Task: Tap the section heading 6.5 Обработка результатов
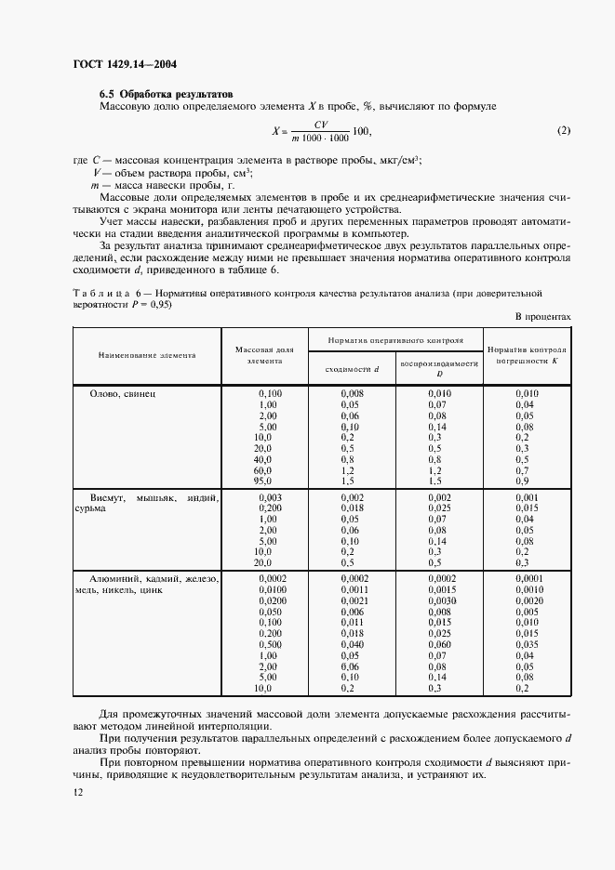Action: coord(167,94)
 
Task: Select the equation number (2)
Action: coord(563,130)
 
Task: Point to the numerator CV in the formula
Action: coord(321,124)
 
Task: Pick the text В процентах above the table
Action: coord(542,316)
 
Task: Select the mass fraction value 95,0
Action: coord(263,481)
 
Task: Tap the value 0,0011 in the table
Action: coord(353,589)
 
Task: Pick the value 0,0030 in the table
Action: coord(437,600)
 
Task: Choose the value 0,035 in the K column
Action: coord(527,643)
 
